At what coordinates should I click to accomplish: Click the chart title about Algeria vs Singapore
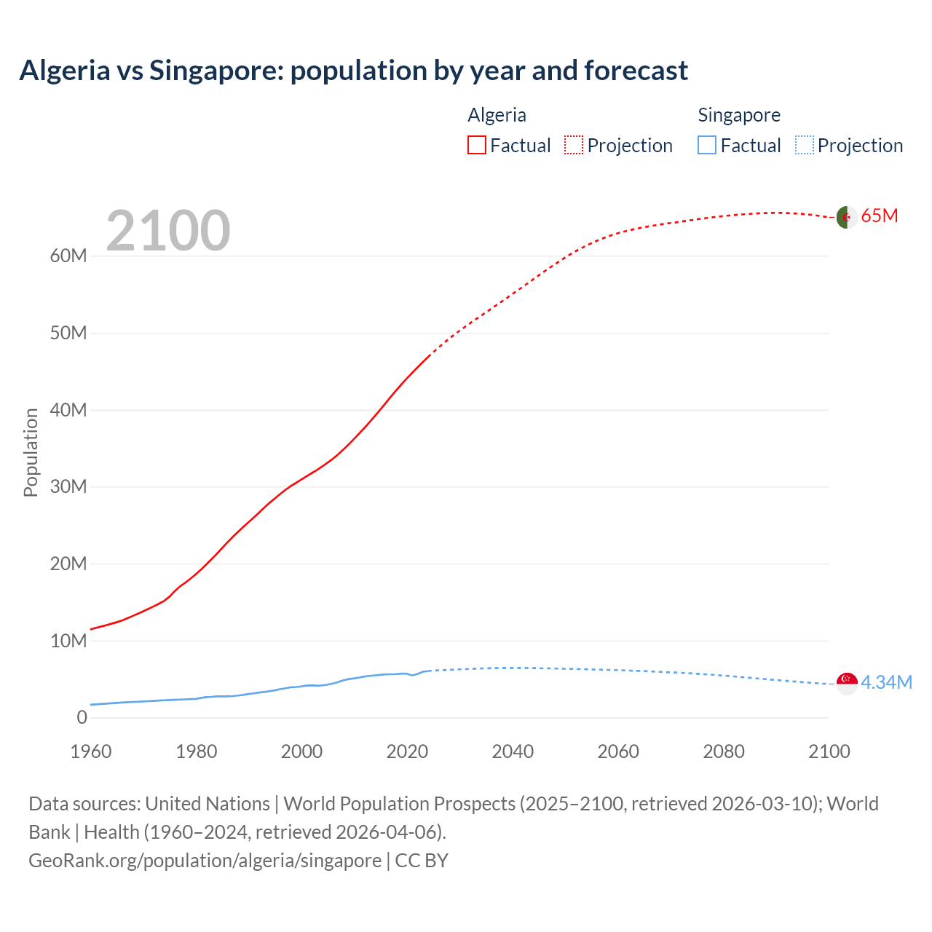coord(353,71)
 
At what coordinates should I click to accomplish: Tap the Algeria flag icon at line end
coord(846,217)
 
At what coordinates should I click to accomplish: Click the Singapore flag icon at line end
coord(847,683)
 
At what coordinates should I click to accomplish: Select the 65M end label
coord(879,216)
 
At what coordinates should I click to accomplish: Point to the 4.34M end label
coord(886,682)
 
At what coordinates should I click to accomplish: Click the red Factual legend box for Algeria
coord(476,145)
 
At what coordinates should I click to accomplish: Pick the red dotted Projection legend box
coord(574,145)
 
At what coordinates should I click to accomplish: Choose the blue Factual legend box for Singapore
coord(706,145)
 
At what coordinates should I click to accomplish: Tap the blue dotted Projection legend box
coord(804,145)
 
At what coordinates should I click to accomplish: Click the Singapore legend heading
coord(738,115)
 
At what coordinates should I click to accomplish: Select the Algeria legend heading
coord(497,115)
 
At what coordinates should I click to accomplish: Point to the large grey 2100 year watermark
coord(168,231)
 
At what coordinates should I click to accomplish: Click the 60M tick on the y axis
coord(68,256)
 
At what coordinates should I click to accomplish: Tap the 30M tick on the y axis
coord(68,486)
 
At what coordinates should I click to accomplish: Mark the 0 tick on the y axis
coord(82,717)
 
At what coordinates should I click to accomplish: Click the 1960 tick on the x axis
coord(91,751)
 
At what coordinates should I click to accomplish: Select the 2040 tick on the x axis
coord(513,751)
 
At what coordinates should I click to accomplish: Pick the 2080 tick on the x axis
coord(724,751)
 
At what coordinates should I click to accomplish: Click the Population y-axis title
coord(31,452)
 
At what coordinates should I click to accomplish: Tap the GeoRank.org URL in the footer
coord(205,861)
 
